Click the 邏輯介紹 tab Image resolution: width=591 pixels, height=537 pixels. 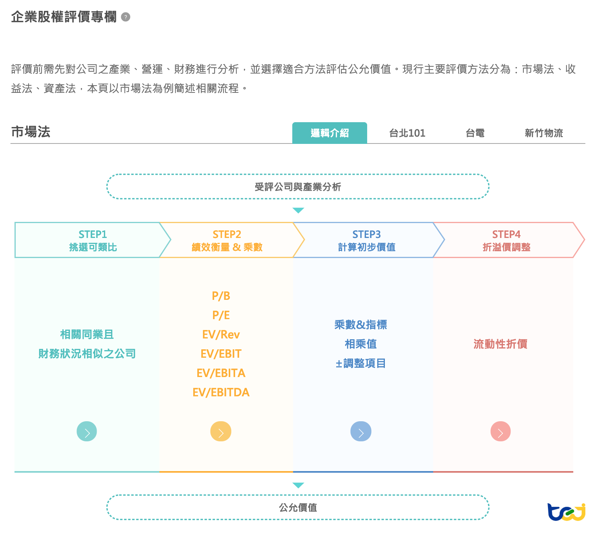point(329,133)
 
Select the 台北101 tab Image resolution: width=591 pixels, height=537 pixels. point(407,133)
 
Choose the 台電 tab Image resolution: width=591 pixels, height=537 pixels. point(475,133)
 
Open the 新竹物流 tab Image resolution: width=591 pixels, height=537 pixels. point(543,133)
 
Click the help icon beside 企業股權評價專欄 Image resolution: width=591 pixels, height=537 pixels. point(126,17)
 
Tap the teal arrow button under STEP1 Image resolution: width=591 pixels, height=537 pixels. point(87,431)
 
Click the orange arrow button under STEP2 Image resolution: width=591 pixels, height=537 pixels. point(221,432)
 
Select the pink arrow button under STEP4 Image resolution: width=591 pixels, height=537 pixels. point(500,432)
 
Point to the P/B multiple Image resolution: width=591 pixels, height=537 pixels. point(221,296)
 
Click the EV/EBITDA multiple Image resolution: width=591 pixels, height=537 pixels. point(221,392)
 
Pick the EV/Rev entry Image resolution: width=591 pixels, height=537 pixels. point(221,334)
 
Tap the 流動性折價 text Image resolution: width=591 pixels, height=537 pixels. point(500,344)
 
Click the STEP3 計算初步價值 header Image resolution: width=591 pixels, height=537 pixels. point(366,240)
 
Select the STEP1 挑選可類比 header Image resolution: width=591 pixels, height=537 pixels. point(93,240)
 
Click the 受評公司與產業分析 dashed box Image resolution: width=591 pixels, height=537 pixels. point(298,187)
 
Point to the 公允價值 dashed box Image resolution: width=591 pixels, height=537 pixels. point(298,507)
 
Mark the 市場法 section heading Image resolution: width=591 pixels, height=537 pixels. point(31,132)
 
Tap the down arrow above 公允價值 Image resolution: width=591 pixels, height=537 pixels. point(298,485)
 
